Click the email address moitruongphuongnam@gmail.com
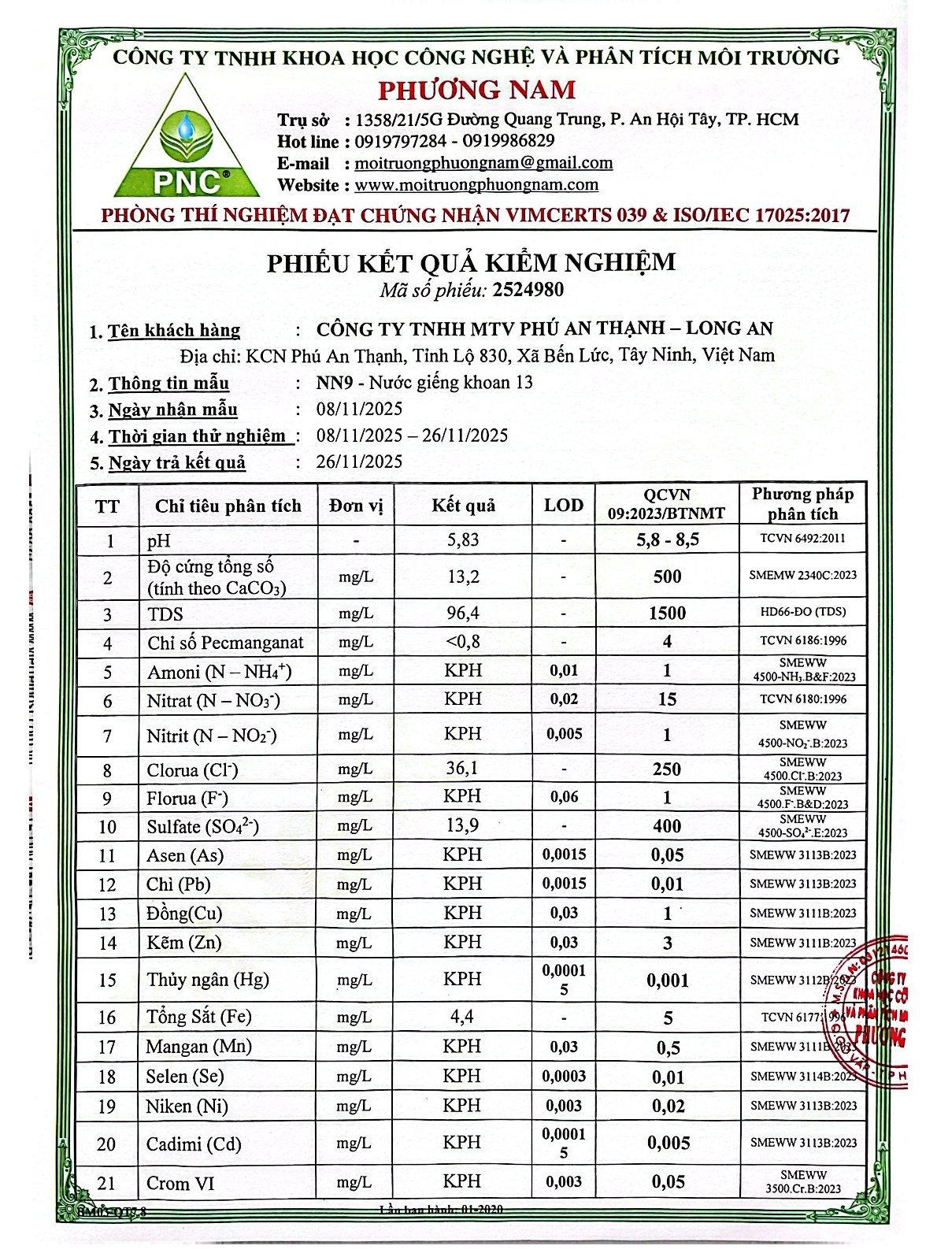tap(483, 163)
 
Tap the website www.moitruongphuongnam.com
tap(476, 185)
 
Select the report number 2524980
tap(528, 290)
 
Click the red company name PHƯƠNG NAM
tap(477, 89)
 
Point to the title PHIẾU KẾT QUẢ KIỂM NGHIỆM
tap(471, 261)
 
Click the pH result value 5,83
tap(462, 540)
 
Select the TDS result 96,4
tap(462, 613)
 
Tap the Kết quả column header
tap(463, 506)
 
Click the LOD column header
tap(564, 506)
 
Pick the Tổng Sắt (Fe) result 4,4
tap(462, 1017)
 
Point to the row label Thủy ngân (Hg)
tap(208, 980)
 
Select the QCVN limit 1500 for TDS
tap(667, 613)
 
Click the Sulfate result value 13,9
tap(462, 825)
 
